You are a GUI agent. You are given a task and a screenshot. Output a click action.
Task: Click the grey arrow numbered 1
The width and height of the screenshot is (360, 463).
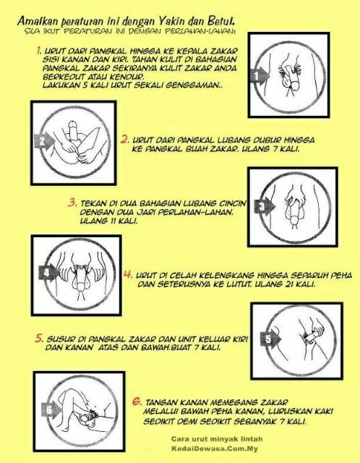point(260,76)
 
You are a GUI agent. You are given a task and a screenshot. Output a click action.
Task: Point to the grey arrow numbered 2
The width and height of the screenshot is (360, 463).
point(45,141)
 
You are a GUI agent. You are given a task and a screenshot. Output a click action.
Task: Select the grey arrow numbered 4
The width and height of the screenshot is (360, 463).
point(49,272)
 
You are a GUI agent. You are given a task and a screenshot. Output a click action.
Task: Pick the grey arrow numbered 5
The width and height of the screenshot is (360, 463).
point(270,338)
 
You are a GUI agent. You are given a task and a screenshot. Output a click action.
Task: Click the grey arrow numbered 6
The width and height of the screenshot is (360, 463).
point(51,409)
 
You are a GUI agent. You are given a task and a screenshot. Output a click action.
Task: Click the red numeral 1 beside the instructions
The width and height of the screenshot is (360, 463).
point(39,51)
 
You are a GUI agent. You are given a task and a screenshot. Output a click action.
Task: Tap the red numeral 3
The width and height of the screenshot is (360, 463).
point(72,203)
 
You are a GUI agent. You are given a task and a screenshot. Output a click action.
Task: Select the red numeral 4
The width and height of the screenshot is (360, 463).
point(128,274)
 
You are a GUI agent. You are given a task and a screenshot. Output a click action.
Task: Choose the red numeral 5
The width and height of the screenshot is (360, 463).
point(39,338)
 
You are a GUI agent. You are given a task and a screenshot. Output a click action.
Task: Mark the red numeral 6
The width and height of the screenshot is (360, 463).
point(137,402)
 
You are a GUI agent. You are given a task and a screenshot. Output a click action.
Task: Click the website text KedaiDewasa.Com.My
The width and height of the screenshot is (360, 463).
point(215,449)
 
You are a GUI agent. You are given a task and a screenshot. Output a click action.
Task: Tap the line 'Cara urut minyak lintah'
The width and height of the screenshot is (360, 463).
point(217,439)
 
